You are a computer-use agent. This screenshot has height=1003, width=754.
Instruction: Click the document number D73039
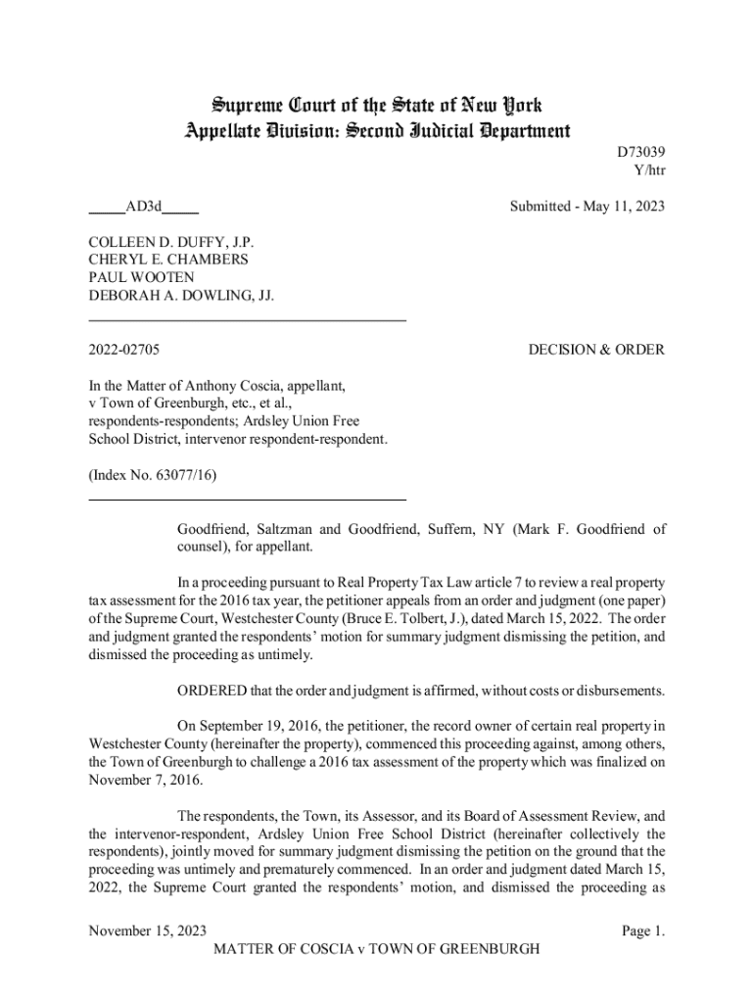[641, 154]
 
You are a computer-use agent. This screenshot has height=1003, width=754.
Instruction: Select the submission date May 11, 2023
[623, 207]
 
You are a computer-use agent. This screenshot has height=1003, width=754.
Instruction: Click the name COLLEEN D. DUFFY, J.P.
[172, 242]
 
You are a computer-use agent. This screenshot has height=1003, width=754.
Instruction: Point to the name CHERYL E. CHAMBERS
[168, 260]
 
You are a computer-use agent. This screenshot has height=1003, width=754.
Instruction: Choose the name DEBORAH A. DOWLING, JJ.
[181, 295]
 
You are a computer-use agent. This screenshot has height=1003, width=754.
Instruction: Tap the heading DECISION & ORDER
[596, 350]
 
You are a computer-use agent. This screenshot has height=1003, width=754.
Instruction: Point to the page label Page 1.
[643, 931]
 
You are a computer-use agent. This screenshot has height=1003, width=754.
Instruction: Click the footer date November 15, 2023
[148, 931]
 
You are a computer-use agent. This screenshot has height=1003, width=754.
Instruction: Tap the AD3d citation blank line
[144, 207]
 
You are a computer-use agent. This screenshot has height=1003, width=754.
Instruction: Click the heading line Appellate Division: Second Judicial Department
[376, 129]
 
